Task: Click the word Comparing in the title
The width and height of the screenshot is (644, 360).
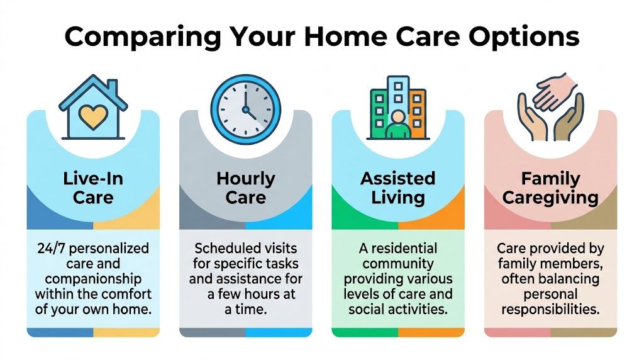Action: pyautogui.click(x=143, y=37)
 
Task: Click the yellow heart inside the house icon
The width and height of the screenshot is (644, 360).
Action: pyautogui.click(x=93, y=116)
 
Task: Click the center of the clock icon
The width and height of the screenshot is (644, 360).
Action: pyautogui.click(x=246, y=110)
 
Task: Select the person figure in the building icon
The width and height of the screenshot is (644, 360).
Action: pyautogui.click(x=397, y=125)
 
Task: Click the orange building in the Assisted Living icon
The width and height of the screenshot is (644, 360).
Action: pyautogui.click(x=416, y=113)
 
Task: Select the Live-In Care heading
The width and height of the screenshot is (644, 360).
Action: pyautogui.click(x=93, y=188)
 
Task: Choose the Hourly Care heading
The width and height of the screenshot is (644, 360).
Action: pyautogui.click(x=246, y=188)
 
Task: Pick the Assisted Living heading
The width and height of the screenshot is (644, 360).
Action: pyautogui.click(x=398, y=188)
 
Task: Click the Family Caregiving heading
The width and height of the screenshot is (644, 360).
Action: pyautogui.click(x=550, y=188)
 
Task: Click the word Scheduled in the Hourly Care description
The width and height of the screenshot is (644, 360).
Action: pyautogui.click(x=223, y=248)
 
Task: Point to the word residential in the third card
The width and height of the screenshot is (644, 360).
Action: pyautogui.click(x=404, y=248)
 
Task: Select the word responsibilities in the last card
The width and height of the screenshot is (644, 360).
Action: pyautogui.click(x=550, y=309)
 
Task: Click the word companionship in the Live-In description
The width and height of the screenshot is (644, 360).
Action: pyautogui.click(x=93, y=279)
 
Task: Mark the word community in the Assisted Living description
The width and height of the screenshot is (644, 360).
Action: pyautogui.click(x=398, y=264)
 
